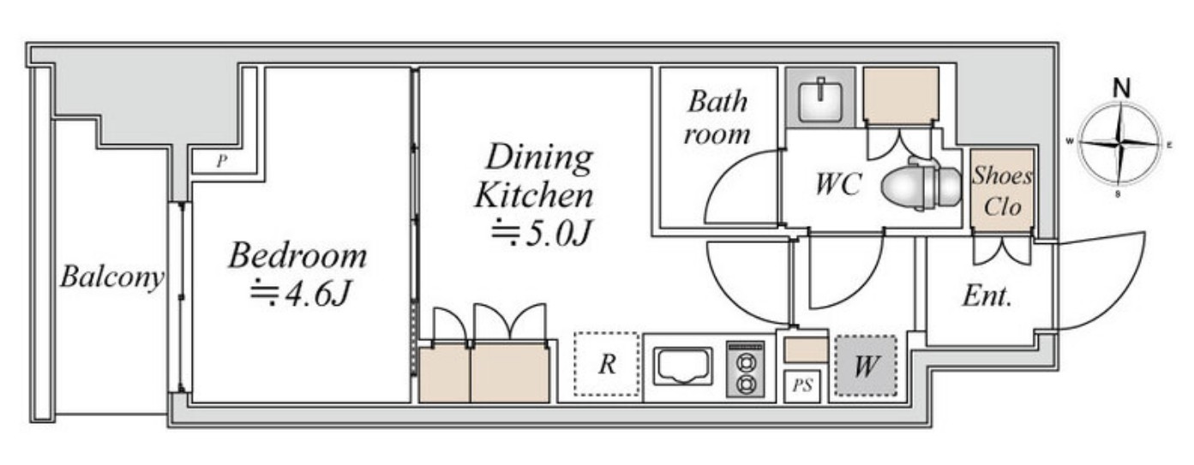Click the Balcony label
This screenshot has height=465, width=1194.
click(x=111, y=277)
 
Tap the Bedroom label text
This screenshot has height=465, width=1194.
click(x=298, y=255)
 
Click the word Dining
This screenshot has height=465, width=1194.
click(x=539, y=157)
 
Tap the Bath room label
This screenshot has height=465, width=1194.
click(x=717, y=117)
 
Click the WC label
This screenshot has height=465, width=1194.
click(x=838, y=184)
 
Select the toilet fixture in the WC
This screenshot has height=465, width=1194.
click(x=921, y=185)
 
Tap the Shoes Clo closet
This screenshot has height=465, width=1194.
click(x=1002, y=191)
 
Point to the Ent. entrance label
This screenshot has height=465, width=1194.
click(x=987, y=296)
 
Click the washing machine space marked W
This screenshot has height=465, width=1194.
click(x=866, y=366)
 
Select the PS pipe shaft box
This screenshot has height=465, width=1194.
click(x=802, y=385)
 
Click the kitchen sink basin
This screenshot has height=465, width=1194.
click(x=683, y=366)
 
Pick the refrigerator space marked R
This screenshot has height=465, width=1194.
click(x=607, y=364)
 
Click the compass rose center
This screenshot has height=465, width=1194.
click(x=1119, y=144)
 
